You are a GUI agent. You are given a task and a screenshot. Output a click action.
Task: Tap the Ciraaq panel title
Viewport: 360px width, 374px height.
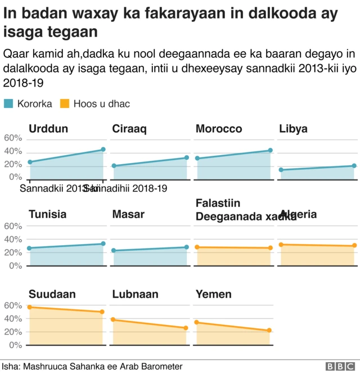click(x=129, y=129)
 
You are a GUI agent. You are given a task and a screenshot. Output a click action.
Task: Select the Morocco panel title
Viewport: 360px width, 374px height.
click(x=219, y=129)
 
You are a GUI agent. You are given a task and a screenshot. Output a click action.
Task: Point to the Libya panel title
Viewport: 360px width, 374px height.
click(x=293, y=129)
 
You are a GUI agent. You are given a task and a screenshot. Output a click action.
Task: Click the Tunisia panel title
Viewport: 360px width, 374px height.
click(x=47, y=214)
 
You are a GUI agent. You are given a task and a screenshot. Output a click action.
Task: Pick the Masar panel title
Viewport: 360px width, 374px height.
click(x=128, y=214)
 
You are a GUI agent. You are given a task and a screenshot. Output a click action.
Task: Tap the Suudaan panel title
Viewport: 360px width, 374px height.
click(x=52, y=294)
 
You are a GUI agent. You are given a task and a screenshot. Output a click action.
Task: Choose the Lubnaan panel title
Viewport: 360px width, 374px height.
click(x=135, y=294)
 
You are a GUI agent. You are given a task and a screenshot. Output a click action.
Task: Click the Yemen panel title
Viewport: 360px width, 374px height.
click(x=213, y=294)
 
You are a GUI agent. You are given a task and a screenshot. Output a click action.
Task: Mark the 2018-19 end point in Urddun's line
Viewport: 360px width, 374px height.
click(x=103, y=150)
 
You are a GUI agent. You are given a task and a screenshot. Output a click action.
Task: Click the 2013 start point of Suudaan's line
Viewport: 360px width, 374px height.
click(x=29, y=307)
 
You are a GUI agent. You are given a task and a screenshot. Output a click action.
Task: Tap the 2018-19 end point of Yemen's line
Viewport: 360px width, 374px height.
click(x=269, y=331)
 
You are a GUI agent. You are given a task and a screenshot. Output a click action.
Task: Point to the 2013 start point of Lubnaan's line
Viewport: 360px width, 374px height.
click(x=113, y=319)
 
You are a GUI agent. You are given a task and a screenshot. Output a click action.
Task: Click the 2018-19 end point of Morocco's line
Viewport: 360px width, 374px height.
click(x=270, y=151)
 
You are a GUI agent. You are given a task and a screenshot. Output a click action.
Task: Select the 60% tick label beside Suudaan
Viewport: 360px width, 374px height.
click(x=12, y=305)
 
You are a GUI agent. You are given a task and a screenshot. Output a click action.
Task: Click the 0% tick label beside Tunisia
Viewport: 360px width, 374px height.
click(x=15, y=265)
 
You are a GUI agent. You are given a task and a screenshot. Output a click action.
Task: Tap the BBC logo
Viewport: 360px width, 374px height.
click(x=337, y=366)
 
